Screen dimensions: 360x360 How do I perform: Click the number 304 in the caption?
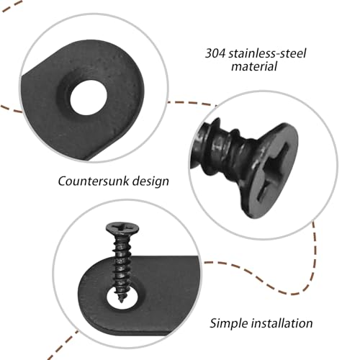(215, 53)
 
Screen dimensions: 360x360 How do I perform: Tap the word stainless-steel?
(267, 53)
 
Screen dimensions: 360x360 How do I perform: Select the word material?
(254, 66)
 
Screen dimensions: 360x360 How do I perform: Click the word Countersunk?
(94, 181)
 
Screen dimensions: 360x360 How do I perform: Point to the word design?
(150, 181)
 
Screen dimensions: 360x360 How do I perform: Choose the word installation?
(282, 323)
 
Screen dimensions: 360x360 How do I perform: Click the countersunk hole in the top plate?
(89, 97)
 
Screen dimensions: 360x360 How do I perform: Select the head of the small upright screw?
(122, 228)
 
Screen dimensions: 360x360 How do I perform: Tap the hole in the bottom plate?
(122, 299)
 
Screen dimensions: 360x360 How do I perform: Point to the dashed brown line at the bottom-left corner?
(63, 345)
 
